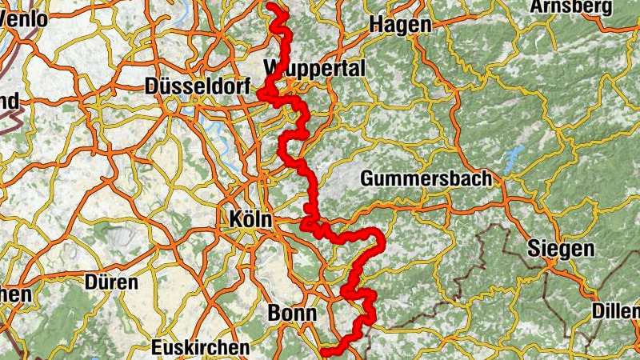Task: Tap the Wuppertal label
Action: coord(314,68)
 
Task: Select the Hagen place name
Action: coord(399,25)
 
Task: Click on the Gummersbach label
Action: coord(426,178)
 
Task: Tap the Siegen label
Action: coord(560,249)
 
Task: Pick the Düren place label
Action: coord(111,282)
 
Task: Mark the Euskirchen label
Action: coord(200,347)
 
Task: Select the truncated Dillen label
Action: coord(616,310)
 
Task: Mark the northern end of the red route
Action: coord(272,7)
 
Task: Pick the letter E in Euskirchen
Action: coord(157,347)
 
